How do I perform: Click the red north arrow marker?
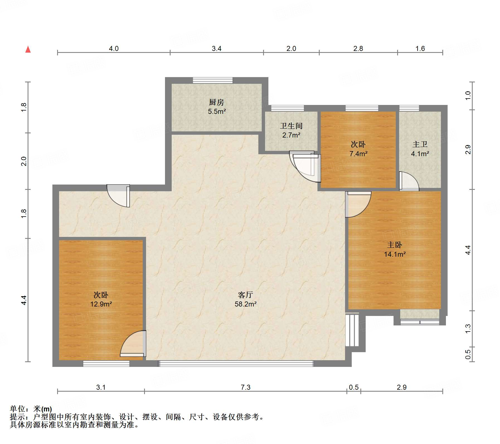click(x=28, y=49)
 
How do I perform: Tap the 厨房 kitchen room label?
click(x=216, y=102)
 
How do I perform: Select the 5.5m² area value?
click(x=217, y=112)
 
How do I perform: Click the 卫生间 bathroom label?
click(x=291, y=126)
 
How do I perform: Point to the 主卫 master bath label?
click(x=420, y=144)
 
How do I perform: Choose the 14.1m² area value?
click(x=395, y=254)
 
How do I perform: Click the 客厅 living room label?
click(x=246, y=295)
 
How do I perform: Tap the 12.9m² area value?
click(x=101, y=304)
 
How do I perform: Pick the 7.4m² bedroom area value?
click(x=358, y=154)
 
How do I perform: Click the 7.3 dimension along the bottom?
click(x=246, y=387)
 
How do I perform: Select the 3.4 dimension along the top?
click(x=217, y=49)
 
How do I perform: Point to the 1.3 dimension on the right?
click(x=468, y=328)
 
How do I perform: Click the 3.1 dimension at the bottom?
click(x=101, y=387)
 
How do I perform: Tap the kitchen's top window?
click(x=213, y=80)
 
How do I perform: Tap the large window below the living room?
click(x=236, y=364)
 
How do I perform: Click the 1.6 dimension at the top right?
click(x=420, y=49)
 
